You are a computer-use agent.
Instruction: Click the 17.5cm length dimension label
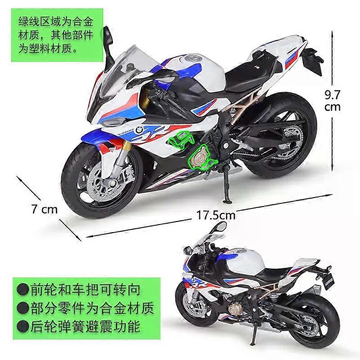click(x=216, y=216)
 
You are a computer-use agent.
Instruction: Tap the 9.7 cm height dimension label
click(x=333, y=100)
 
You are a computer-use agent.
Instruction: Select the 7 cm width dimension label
click(x=44, y=209)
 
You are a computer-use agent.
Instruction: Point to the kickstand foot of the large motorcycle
click(x=228, y=202)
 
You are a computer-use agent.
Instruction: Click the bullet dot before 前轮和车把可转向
click(x=23, y=289)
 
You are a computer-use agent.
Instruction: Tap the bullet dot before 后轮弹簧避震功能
click(x=23, y=326)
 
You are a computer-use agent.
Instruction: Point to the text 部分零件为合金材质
click(x=92, y=308)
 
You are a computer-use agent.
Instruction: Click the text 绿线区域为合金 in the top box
click(x=56, y=22)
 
